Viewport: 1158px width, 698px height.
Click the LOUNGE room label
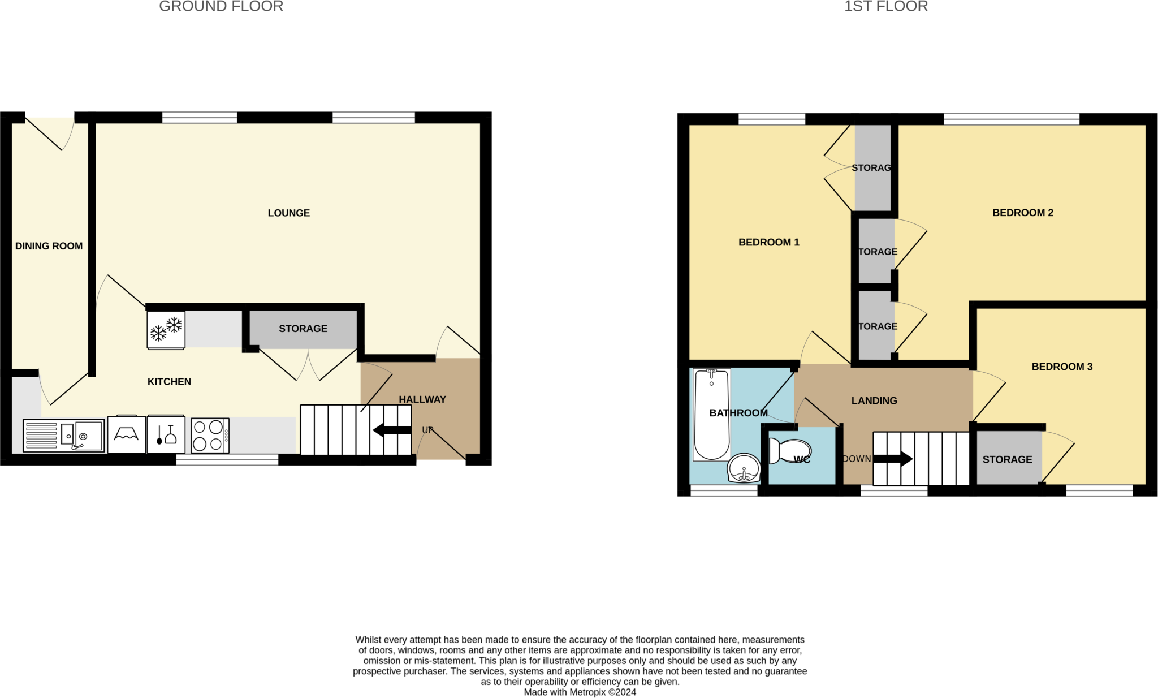(x=288, y=213)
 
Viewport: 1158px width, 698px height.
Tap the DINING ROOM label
(x=49, y=246)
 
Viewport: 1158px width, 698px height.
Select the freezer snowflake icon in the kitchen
(x=166, y=329)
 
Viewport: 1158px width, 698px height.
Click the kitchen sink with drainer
(x=64, y=436)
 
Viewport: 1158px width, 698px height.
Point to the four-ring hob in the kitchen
(x=210, y=436)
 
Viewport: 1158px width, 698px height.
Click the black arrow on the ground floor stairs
(x=392, y=430)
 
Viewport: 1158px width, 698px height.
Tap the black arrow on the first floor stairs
(x=893, y=459)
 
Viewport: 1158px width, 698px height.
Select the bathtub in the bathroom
(x=711, y=415)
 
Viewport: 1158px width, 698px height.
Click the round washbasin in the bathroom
(x=744, y=468)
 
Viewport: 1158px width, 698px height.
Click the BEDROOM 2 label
(x=1022, y=213)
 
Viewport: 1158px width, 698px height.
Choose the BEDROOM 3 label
(x=1062, y=367)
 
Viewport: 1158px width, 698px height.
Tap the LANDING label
(x=874, y=401)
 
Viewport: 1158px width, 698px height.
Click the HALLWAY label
(x=422, y=399)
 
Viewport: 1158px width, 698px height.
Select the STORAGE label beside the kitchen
(x=303, y=329)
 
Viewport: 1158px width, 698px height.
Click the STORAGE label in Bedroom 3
(x=1007, y=460)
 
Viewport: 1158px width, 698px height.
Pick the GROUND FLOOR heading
(x=221, y=7)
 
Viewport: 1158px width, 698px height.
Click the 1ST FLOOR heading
(x=885, y=7)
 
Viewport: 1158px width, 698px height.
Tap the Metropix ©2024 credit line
(x=580, y=692)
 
